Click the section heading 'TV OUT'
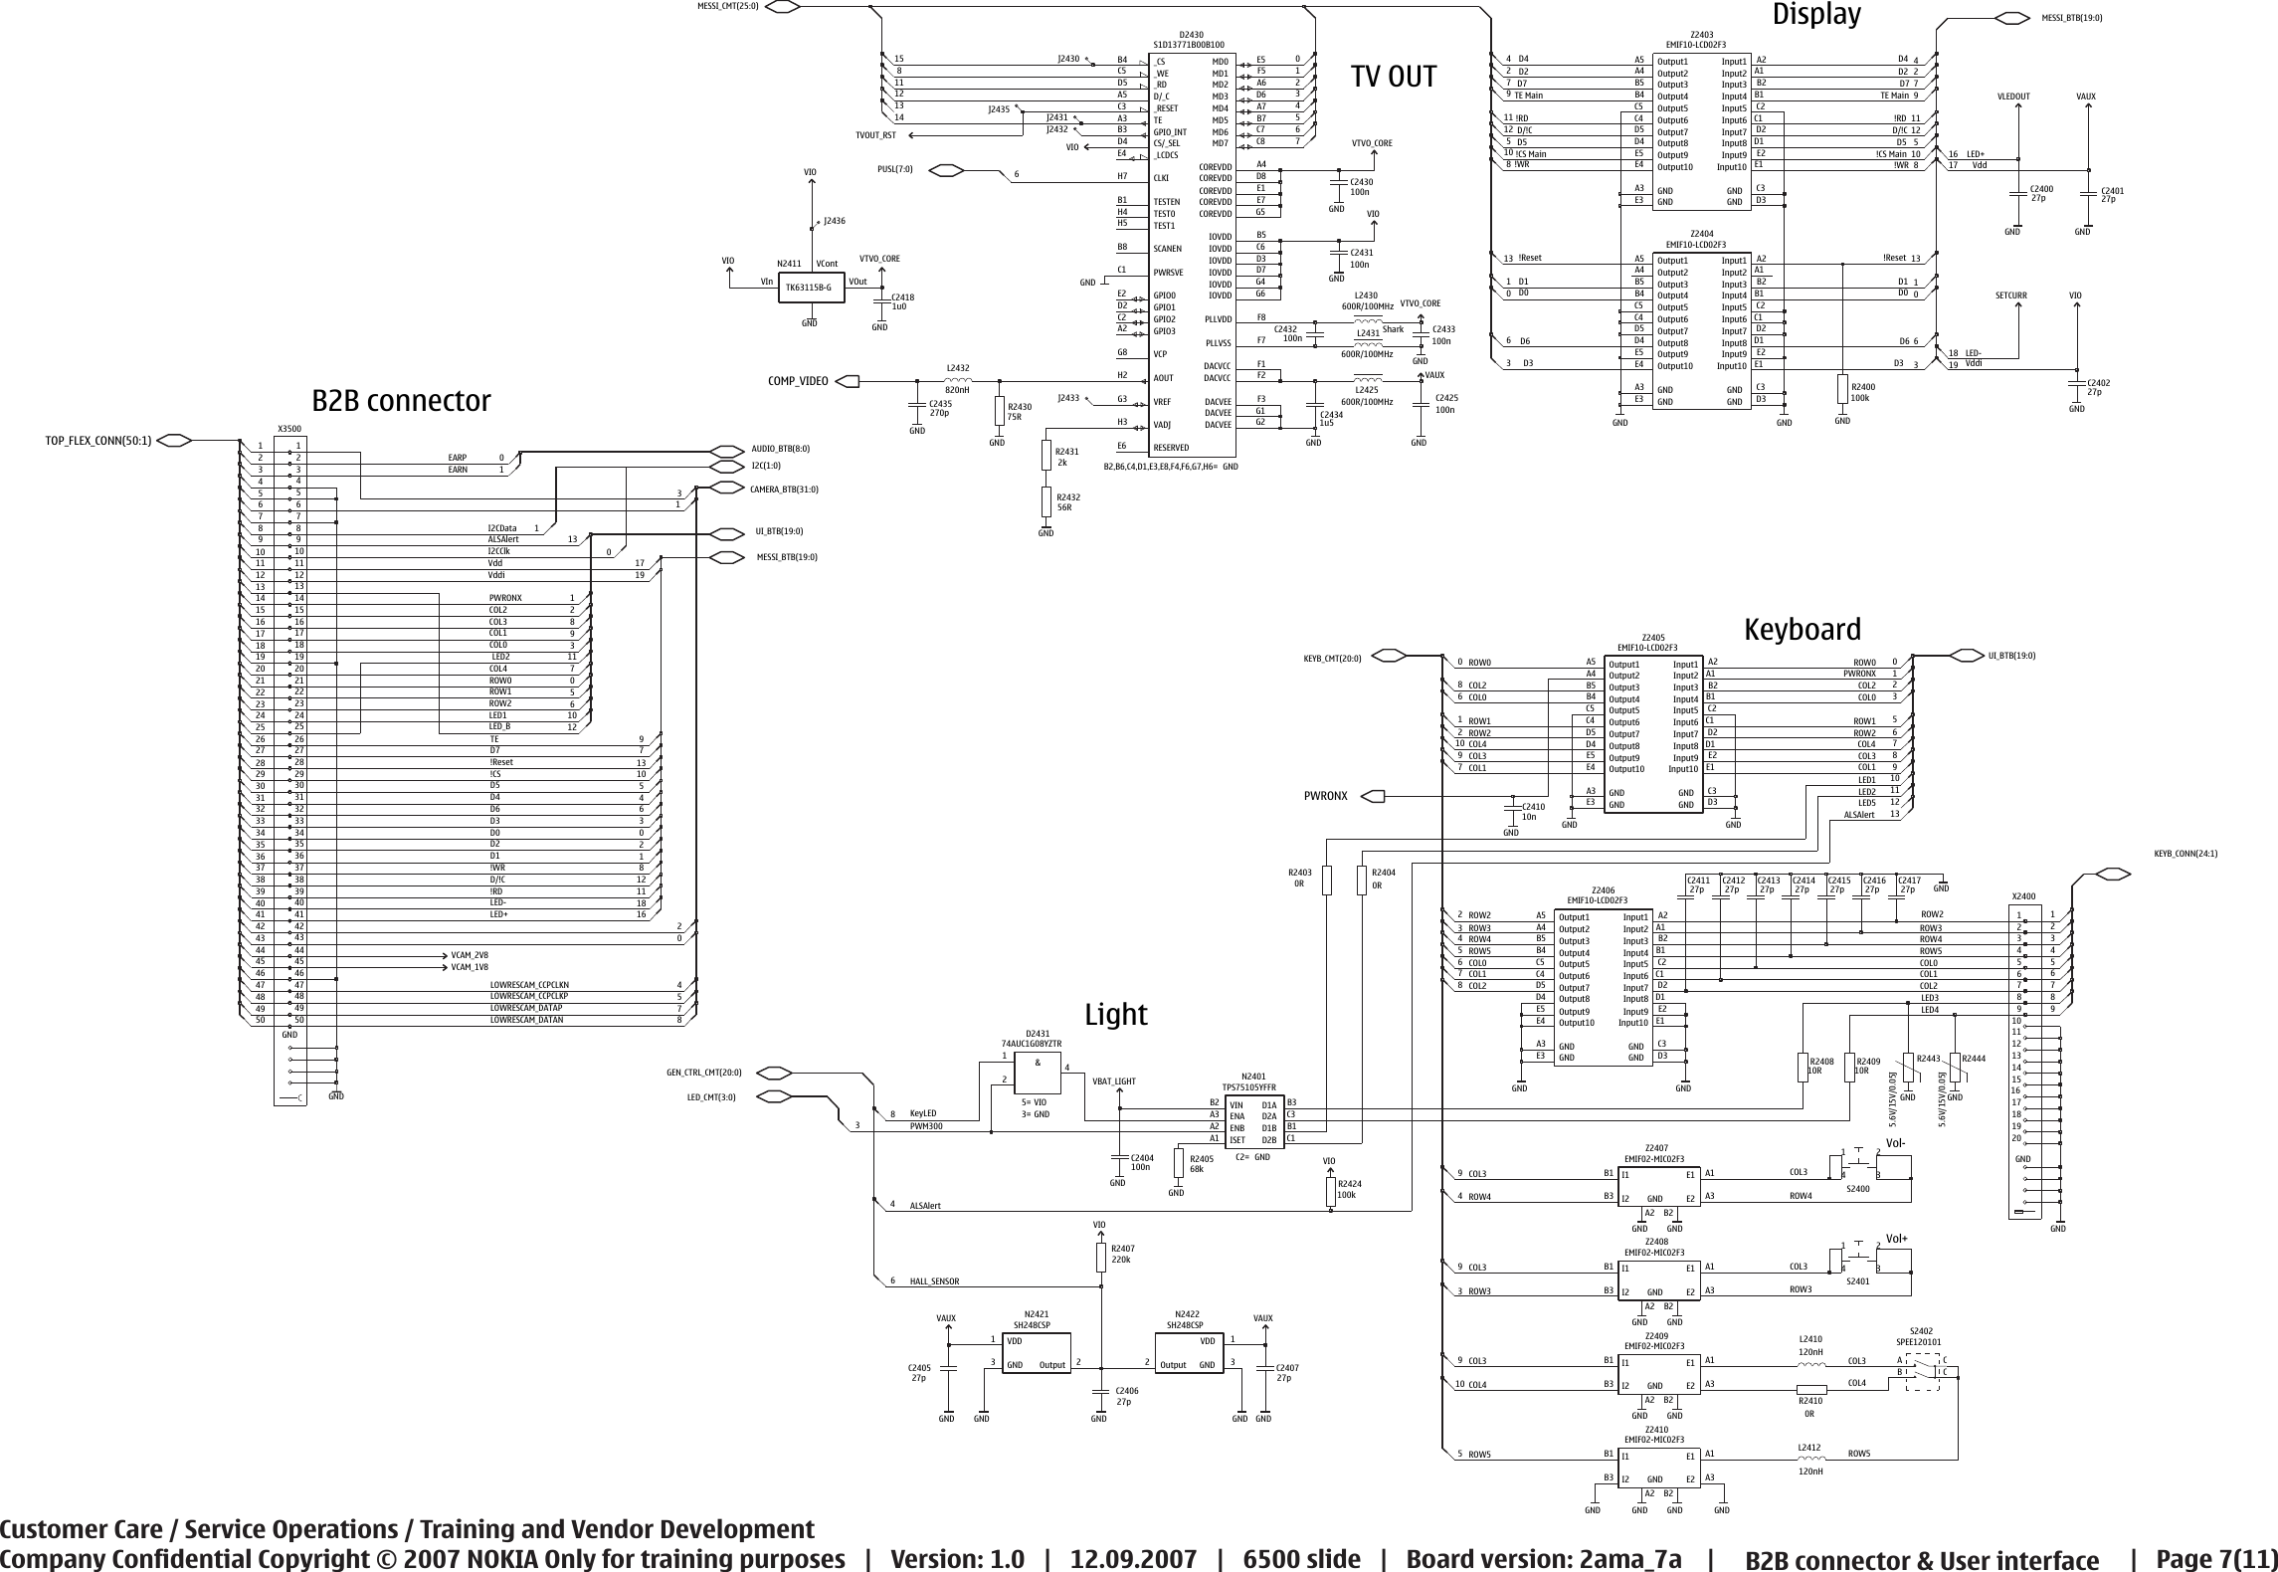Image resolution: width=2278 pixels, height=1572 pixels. (1393, 77)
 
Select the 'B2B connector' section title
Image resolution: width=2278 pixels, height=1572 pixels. (401, 401)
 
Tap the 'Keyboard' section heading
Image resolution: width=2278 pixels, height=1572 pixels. (1802, 630)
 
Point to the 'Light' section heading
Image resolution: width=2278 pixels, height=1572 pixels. (1115, 1015)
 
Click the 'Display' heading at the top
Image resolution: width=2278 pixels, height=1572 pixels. (1815, 15)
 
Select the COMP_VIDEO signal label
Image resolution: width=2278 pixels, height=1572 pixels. (798, 381)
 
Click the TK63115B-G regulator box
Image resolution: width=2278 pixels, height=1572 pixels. (809, 288)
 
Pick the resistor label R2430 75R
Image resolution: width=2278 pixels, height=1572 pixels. (1021, 412)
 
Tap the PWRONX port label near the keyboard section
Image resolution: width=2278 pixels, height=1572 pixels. (1325, 796)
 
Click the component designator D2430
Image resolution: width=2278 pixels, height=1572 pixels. (1190, 35)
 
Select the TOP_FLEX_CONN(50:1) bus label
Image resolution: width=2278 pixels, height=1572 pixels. (98, 441)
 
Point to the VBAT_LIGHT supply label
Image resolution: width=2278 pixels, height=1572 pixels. (1113, 1081)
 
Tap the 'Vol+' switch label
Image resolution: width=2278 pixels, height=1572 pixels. (1896, 1239)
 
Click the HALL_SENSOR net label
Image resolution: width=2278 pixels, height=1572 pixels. (934, 1281)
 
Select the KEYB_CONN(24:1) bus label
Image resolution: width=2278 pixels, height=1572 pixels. (2185, 854)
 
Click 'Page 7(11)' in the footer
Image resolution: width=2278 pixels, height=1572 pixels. (2215, 1558)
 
